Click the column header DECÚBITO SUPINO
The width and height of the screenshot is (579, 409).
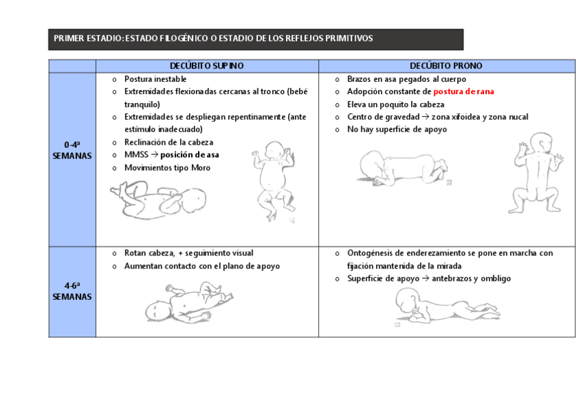pos(207,66)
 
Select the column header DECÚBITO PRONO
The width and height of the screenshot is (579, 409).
pos(446,66)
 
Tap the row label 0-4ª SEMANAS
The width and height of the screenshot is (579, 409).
pos(72,150)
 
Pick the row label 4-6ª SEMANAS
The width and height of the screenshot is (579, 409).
pos(72,292)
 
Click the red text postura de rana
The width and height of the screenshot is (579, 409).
pos(463,91)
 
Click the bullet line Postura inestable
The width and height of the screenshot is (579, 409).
pos(155,79)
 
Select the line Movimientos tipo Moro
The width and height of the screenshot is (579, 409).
pos(167,168)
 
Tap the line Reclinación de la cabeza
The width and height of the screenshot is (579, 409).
pos(169,143)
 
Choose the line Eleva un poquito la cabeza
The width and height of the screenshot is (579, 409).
pos(395,104)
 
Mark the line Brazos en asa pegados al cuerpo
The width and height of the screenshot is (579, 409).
pos(406,79)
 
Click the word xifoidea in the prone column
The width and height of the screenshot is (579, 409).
pos(464,117)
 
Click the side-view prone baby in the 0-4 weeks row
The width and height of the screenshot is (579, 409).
pos(406,168)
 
